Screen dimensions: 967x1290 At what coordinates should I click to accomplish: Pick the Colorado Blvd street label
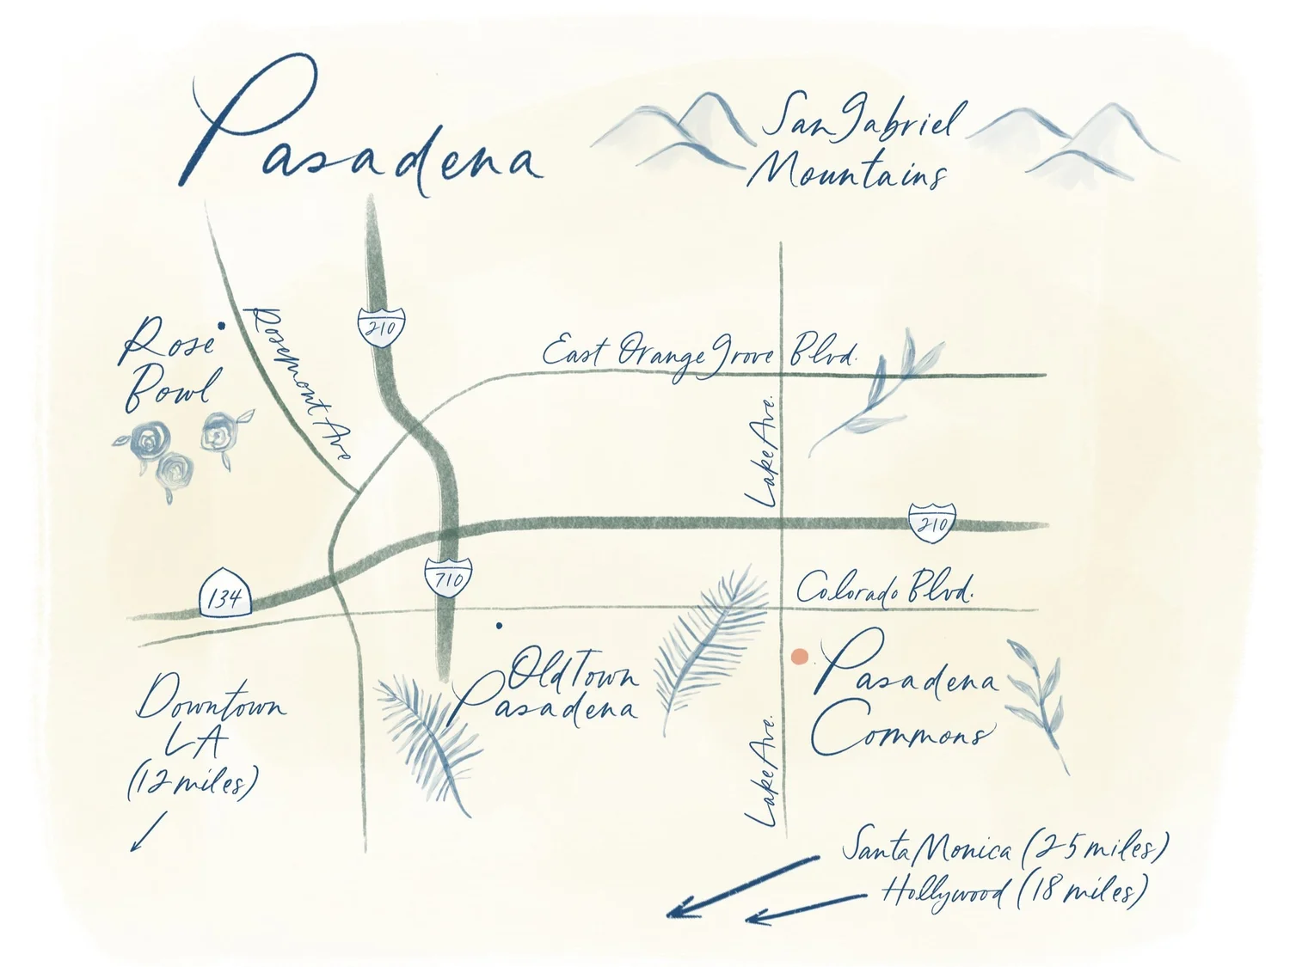(x=884, y=589)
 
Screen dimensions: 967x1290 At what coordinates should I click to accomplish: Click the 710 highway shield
(x=447, y=578)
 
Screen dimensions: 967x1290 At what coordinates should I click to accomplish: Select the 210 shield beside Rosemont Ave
(x=381, y=325)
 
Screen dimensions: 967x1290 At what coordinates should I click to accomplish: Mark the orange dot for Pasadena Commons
(x=800, y=657)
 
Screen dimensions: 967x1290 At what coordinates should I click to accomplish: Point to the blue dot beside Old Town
(x=500, y=626)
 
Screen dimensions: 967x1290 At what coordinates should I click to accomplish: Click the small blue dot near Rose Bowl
(x=222, y=327)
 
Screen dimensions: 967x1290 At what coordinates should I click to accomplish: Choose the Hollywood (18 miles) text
(x=1013, y=891)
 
